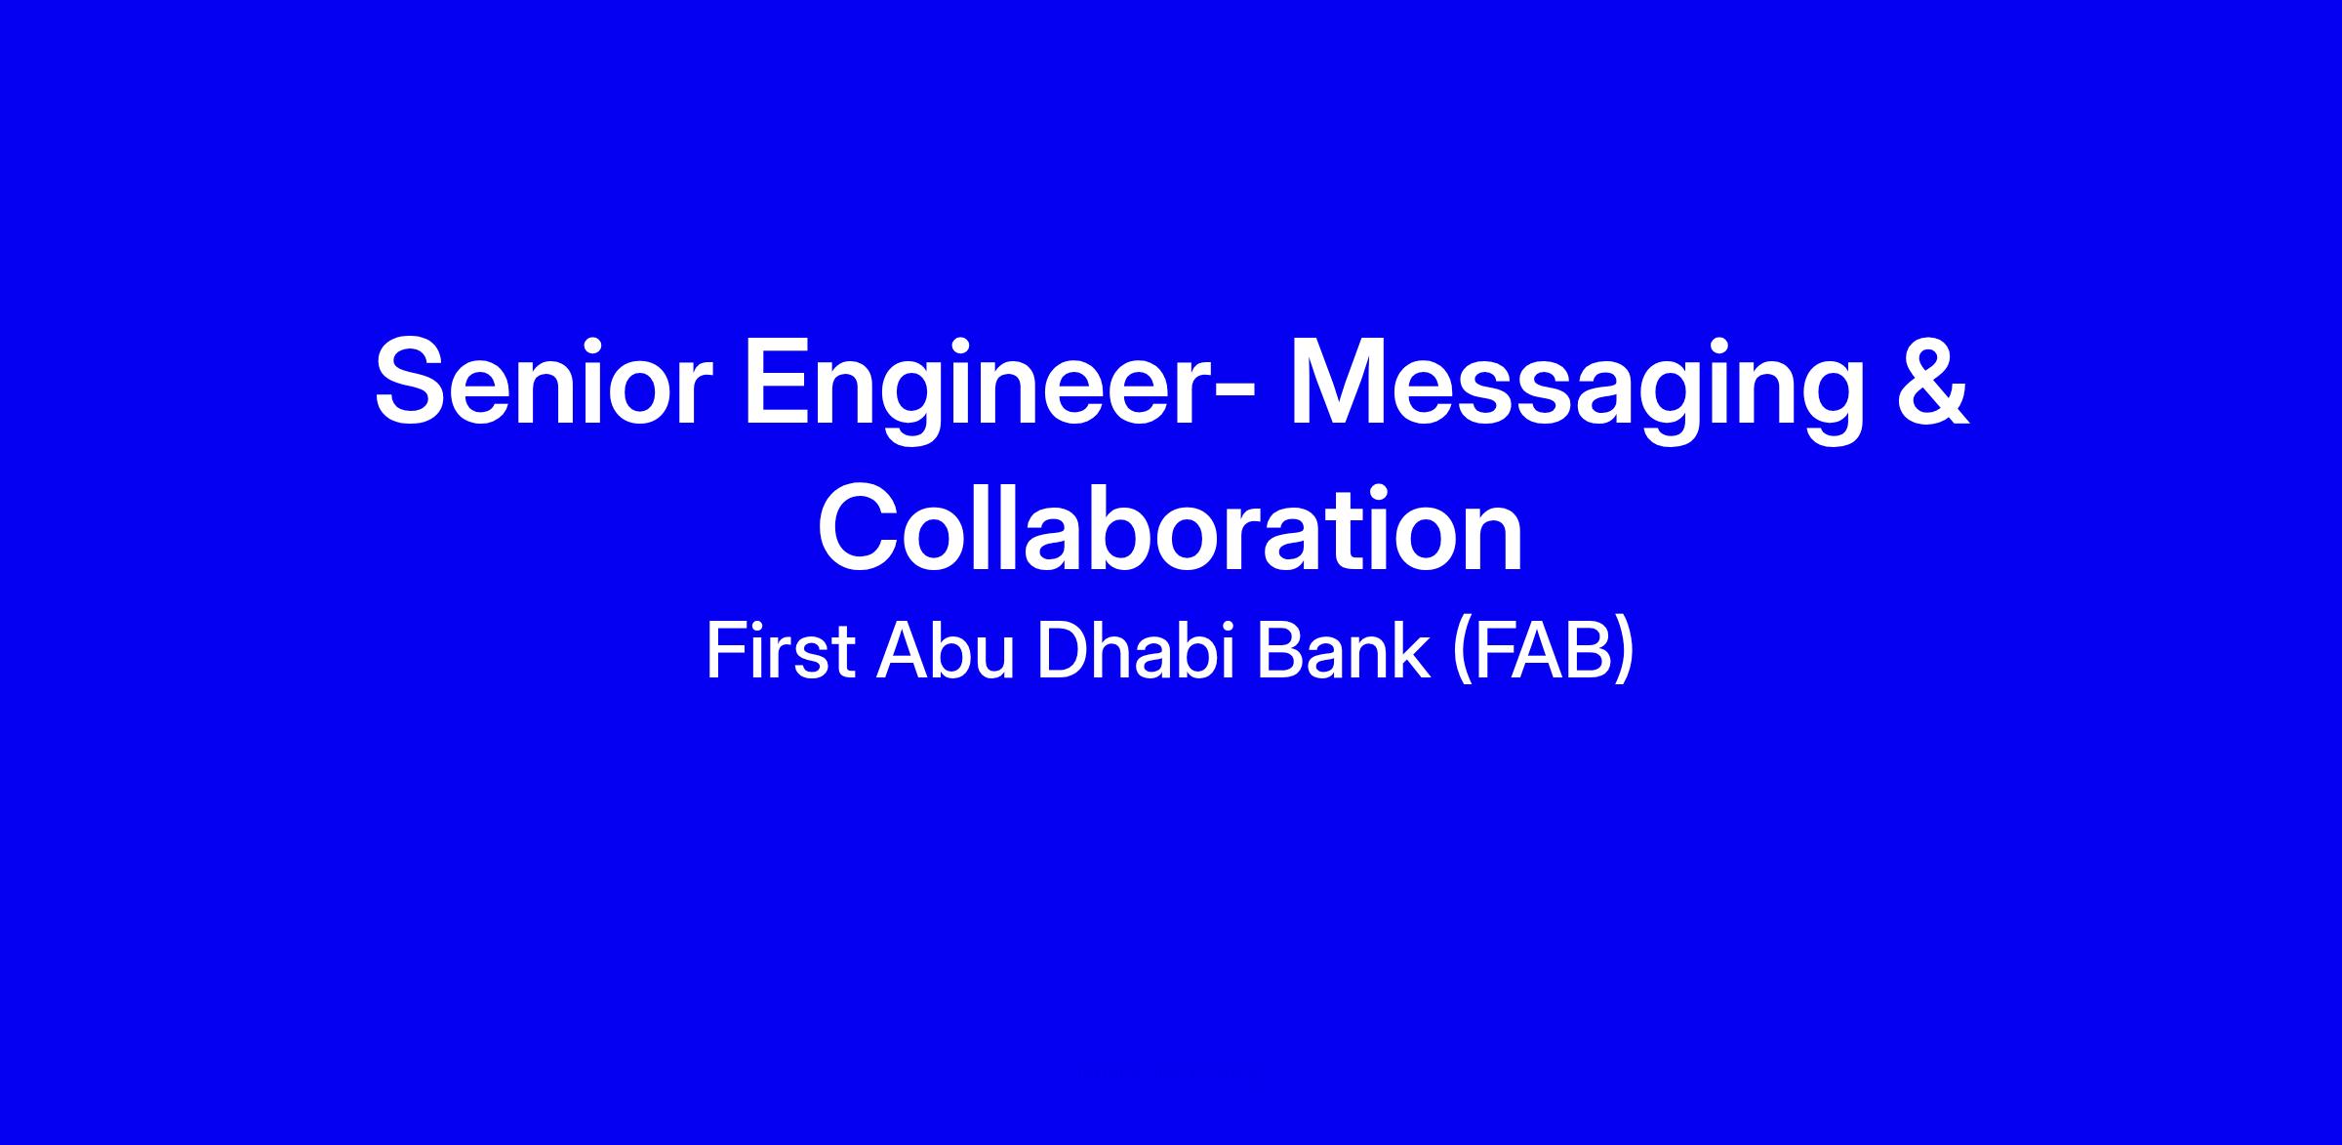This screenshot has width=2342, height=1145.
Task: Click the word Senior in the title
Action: coord(538,382)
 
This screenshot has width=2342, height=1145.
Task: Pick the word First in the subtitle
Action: coord(781,651)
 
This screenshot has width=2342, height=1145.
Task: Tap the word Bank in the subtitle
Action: coord(1343,651)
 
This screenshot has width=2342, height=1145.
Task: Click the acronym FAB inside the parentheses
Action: coord(1543,651)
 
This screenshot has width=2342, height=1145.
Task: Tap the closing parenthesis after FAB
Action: coord(1624,653)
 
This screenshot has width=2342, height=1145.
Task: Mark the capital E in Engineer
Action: coord(779,382)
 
